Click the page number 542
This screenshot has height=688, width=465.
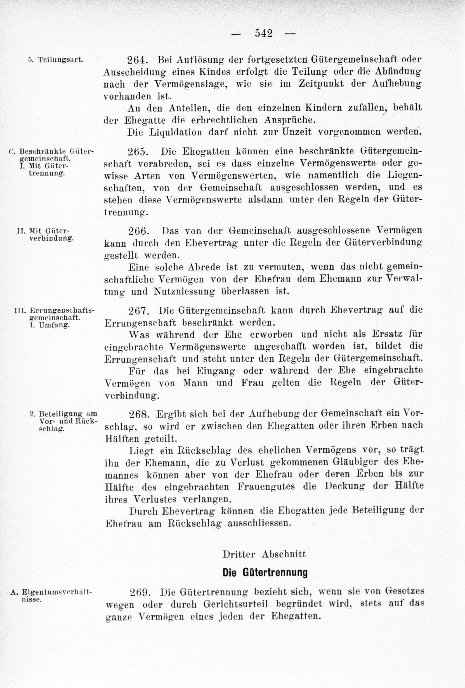coord(263,34)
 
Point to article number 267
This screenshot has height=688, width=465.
coord(138,310)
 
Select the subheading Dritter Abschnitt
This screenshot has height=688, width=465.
coord(264,554)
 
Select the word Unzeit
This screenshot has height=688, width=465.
coord(292,132)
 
